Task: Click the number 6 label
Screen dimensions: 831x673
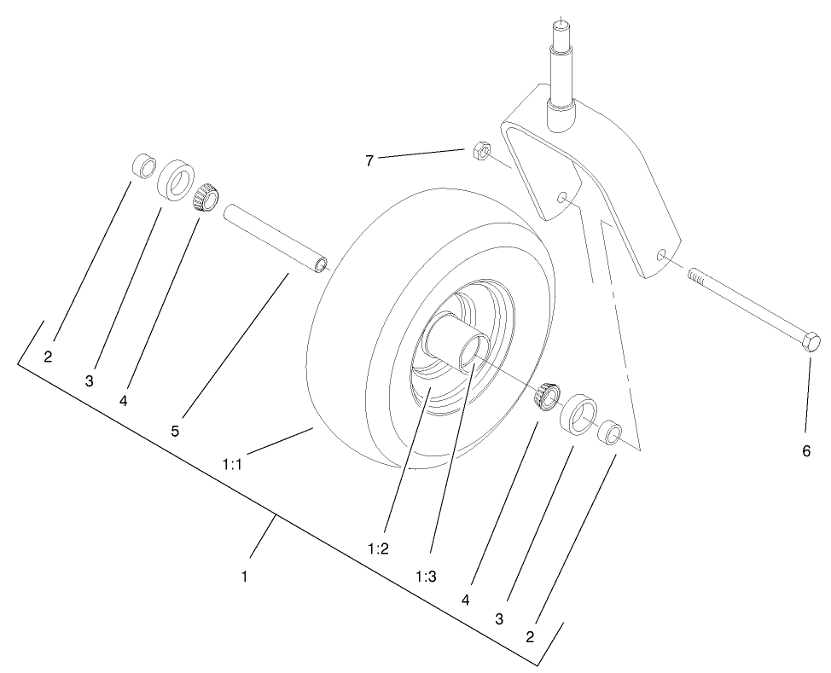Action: click(806, 452)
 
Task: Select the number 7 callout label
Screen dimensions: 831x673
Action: click(369, 160)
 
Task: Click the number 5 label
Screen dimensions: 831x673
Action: click(175, 431)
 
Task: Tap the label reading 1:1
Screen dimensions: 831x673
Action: click(233, 465)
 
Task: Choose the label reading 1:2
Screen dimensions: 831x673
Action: click(378, 549)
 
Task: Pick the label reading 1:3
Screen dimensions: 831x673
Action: click(426, 577)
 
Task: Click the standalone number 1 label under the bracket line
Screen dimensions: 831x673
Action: click(244, 577)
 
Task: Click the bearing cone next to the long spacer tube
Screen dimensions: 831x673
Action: click(205, 198)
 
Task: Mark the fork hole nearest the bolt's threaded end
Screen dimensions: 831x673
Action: click(662, 254)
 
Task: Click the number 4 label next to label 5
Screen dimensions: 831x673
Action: click(124, 400)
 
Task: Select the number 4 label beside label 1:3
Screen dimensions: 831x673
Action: click(466, 600)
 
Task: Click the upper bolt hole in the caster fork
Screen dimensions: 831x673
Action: click(561, 198)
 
